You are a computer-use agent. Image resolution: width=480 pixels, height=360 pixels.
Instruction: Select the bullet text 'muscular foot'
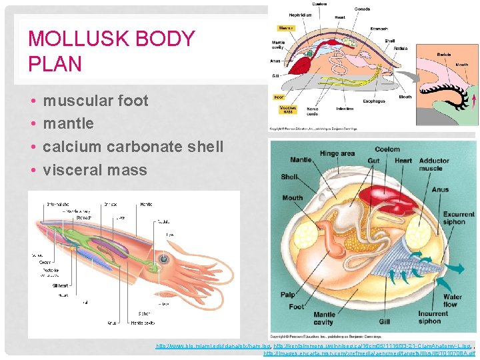coord(95,101)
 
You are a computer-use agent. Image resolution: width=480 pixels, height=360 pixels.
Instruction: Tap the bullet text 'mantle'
coord(68,123)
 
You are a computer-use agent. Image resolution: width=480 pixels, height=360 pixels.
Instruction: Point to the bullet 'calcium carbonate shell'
coord(133,147)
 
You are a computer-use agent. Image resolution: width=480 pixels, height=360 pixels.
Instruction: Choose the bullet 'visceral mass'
coord(95,170)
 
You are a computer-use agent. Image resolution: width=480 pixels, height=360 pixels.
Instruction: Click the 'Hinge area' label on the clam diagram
coord(337,153)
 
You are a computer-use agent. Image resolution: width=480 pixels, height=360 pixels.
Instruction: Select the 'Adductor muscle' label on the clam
coord(435,164)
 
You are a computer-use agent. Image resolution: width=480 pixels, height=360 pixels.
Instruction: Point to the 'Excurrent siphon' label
coord(459,219)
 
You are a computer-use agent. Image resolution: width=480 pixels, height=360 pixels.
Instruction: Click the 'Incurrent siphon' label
coord(433,317)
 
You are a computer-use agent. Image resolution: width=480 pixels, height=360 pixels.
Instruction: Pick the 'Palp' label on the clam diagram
coord(288,295)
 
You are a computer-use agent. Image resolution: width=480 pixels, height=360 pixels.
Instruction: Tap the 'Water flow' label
coord(453,301)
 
